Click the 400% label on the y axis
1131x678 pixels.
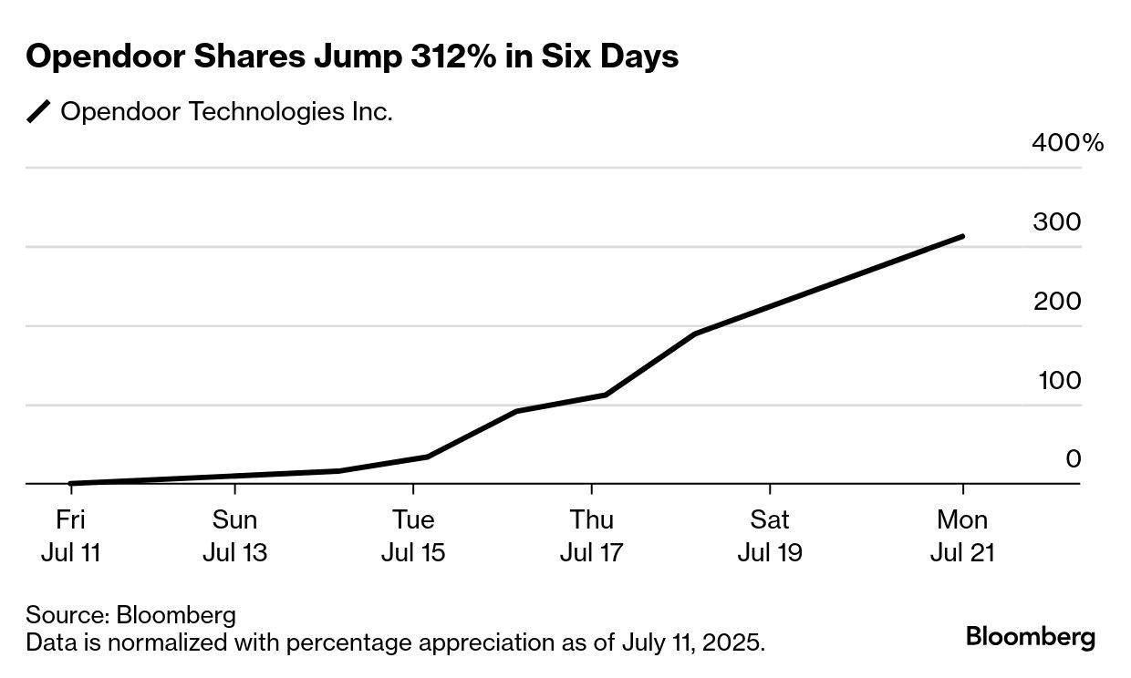click(x=1067, y=144)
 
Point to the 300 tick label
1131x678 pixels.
click(x=1056, y=222)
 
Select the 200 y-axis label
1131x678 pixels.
click(x=1056, y=302)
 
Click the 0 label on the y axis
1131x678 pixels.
click(x=1074, y=460)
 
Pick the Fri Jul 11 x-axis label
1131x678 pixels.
click(x=71, y=536)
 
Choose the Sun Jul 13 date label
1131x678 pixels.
click(x=234, y=536)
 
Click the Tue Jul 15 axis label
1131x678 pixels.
click(x=413, y=536)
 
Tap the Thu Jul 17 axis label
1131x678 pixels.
click(x=592, y=536)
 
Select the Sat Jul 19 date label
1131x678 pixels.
click(x=770, y=536)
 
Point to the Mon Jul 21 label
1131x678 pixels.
click(x=962, y=536)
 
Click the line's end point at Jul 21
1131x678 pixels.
click(x=962, y=237)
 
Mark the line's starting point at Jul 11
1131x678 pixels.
click(x=71, y=483)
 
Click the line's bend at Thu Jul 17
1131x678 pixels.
click(x=605, y=395)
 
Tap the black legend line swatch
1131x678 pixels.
click(x=39, y=112)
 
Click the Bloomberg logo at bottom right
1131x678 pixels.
click(x=1031, y=637)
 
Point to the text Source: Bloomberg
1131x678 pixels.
click(x=130, y=614)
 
